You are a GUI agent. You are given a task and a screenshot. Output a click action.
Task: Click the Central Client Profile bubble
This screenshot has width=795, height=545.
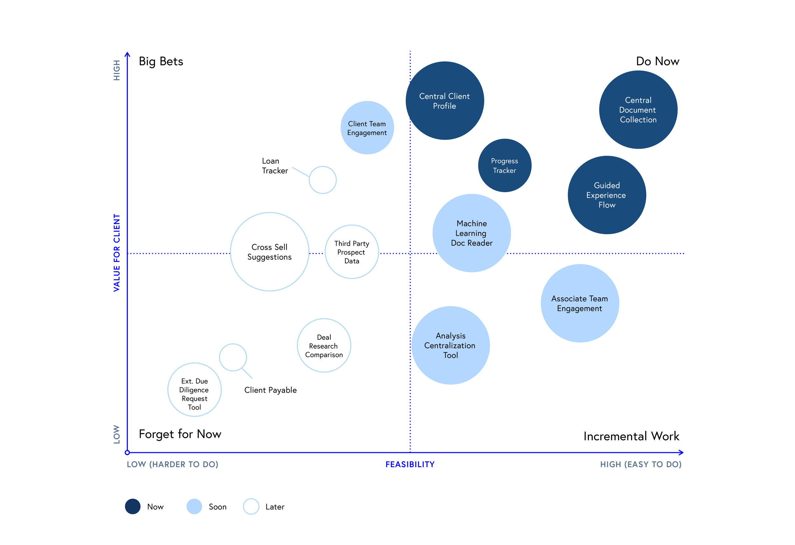(x=445, y=101)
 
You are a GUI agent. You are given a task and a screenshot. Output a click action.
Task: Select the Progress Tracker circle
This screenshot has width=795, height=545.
(x=505, y=166)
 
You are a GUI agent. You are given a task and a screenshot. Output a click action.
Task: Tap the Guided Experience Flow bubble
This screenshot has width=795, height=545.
(x=607, y=195)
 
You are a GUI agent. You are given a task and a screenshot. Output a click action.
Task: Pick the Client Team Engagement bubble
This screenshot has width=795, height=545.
(x=367, y=128)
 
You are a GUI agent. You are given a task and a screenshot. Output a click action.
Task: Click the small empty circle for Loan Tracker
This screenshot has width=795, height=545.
(x=322, y=180)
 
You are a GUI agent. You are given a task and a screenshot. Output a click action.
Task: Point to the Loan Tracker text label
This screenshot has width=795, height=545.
(x=275, y=166)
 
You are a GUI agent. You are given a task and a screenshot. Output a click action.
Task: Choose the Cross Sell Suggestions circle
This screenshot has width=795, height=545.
(x=270, y=252)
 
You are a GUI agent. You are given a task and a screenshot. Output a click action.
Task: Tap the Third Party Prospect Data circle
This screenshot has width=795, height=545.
(x=352, y=252)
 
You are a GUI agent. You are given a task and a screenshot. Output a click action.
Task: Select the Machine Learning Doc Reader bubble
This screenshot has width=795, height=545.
(x=471, y=233)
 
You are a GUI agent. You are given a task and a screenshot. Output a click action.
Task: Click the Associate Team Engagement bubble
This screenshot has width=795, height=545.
(x=580, y=303)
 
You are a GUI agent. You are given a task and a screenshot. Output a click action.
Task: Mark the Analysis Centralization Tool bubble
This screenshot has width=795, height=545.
(x=451, y=345)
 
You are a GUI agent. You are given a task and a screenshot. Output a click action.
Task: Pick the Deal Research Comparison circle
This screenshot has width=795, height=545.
(x=324, y=346)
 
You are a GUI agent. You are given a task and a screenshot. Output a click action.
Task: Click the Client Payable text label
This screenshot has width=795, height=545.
(x=270, y=390)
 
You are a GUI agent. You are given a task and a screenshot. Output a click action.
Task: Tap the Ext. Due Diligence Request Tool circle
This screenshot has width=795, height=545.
(x=194, y=390)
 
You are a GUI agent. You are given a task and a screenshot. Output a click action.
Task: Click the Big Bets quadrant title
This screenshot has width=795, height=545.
(x=161, y=62)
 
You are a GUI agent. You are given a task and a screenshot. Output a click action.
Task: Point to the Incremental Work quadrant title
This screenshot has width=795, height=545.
(x=631, y=436)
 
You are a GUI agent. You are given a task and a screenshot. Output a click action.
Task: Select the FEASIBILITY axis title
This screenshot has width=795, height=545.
(x=410, y=464)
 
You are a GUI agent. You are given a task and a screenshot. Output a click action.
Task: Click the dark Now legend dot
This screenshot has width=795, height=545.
(x=133, y=506)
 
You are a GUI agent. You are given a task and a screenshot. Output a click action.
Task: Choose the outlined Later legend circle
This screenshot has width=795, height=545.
(x=251, y=506)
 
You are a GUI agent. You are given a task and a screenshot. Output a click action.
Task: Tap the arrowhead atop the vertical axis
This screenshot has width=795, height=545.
(x=127, y=54)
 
